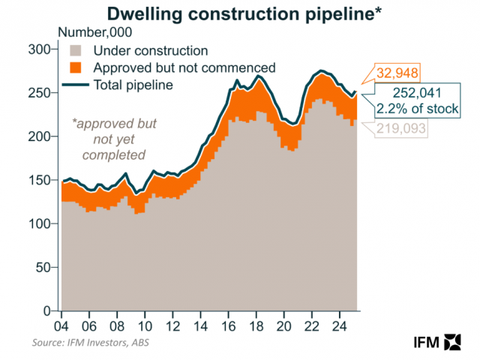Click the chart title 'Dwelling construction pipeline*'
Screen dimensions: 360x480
241,13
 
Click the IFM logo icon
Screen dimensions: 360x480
452,341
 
